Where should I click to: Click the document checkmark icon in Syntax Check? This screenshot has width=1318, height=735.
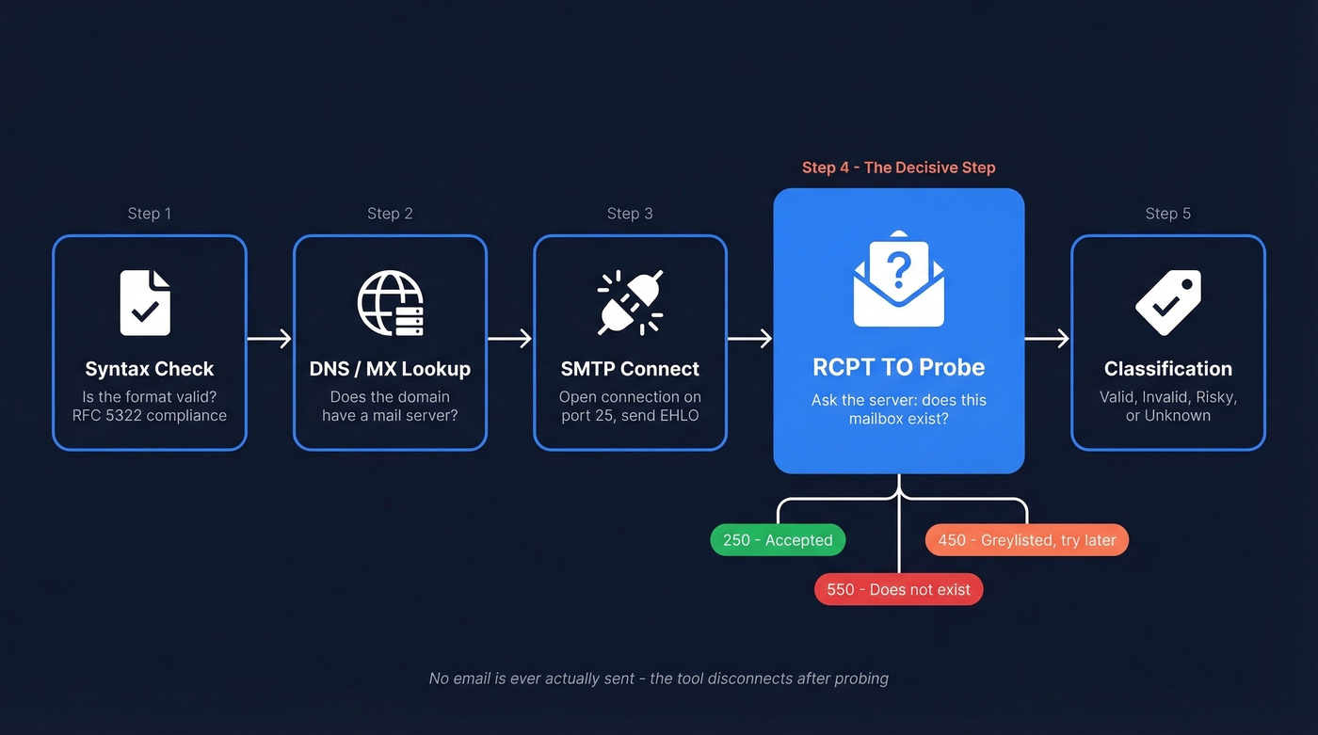[146, 302]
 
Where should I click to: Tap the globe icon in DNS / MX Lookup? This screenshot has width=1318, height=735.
[390, 302]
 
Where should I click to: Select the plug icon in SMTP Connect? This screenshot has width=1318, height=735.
[630, 302]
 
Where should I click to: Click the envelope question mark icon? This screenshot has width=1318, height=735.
[899, 280]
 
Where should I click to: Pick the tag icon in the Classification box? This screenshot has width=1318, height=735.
[1167, 302]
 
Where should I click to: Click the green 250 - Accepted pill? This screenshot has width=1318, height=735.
[778, 540]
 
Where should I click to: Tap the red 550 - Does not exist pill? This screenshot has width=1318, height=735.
[898, 590]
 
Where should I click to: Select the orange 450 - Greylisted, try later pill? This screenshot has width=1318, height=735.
[1026, 540]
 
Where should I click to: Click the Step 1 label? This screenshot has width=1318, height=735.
[150, 214]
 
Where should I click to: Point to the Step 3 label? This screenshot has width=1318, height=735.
[630, 214]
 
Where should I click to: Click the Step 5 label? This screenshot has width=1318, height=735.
[1167, 214]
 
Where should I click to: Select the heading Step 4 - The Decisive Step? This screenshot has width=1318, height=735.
[898, 168]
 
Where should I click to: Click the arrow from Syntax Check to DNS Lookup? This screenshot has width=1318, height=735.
[269, 339]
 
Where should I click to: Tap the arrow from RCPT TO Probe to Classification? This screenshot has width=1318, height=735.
[1047, 339]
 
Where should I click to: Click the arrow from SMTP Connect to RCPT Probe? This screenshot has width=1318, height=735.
[749, 339]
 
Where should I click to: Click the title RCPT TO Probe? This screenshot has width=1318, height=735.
[898, 367]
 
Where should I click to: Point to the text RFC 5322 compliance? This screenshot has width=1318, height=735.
[150, 415]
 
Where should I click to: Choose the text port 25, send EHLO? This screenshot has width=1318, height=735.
[630, 415]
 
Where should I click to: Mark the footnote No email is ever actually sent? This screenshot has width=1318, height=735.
[658, 678]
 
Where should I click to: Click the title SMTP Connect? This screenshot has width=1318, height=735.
[630, 369]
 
